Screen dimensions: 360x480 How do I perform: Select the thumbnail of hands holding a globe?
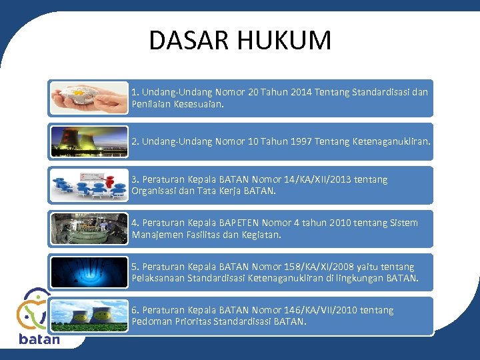[89, 98]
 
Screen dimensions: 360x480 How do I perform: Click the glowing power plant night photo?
[89, 141]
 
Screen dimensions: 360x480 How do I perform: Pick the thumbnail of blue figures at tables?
[89, 185]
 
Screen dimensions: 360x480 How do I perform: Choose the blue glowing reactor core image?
[89, 272]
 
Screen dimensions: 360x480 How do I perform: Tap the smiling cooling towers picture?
[89, 315]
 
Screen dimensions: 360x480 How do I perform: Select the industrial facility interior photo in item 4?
[89, 229]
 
